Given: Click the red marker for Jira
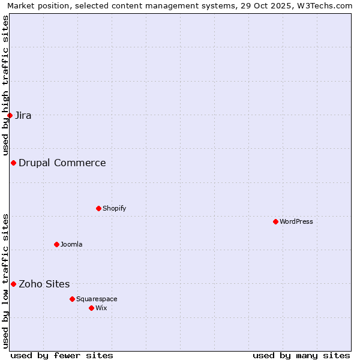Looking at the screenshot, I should (10, 115).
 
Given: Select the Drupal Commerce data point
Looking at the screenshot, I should (13, 163).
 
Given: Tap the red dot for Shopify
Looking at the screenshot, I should (98, 208).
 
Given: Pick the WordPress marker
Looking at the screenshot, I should (275, 221).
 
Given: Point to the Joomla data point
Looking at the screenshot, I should (56, 244).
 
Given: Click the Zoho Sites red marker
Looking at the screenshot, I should (13, 284).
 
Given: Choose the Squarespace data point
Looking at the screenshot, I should (72, 299).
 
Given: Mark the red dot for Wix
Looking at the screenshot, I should (91, 308).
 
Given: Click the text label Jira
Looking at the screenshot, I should (23, 115).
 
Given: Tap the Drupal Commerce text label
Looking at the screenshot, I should (62, 163).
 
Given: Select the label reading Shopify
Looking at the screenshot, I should (114, 208).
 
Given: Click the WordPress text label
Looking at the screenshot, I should (296, 221).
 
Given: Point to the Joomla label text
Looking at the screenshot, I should (71, 244).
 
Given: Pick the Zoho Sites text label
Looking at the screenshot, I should (44, 284).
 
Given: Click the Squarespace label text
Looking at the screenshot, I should (97, 299).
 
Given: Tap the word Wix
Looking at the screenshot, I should (101, 308).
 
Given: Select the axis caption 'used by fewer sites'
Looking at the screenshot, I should (62, 355).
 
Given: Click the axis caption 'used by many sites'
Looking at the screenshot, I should (301, 355).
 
